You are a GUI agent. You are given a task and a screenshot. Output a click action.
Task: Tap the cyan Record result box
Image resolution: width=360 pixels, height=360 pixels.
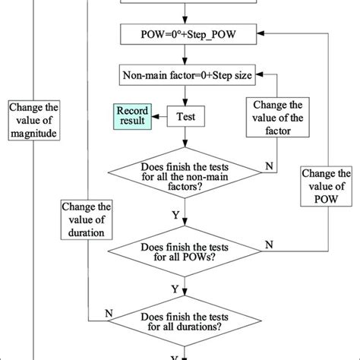click(x=130, y=116)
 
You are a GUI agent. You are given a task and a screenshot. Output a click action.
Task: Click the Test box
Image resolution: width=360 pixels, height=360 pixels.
click(x=185, y=117)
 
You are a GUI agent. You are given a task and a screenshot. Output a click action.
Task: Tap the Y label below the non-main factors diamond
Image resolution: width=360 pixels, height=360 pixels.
click(x=175, y=215)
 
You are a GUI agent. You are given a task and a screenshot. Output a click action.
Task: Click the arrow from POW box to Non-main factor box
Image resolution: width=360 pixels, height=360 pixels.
click(x=185, y=55)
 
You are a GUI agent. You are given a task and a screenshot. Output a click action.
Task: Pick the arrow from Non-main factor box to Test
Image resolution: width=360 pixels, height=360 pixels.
click(x=185, y=96)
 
